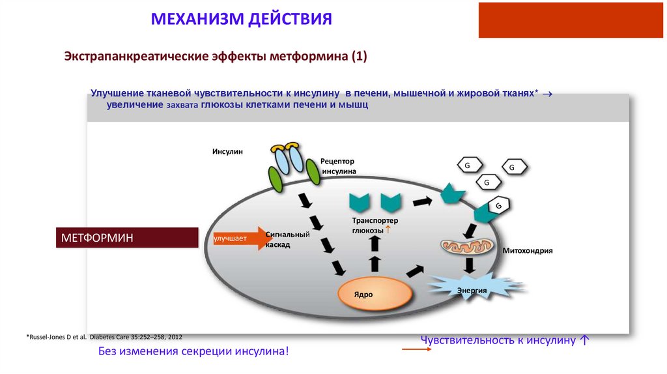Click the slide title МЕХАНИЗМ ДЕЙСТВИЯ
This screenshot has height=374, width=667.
click(242, 18)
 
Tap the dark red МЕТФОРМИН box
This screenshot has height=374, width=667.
click(129, 238)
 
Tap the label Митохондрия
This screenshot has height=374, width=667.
click(528, 250)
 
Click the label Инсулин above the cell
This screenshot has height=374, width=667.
click(227, 152)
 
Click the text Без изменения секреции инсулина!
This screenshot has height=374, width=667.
click(193, 352)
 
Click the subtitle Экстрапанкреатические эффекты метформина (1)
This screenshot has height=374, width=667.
click(216, 57)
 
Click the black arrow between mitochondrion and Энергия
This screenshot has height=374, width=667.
click(468, 265)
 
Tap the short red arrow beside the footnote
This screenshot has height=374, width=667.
click(416, 350)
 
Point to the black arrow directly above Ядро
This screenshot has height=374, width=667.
click(375, 264)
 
